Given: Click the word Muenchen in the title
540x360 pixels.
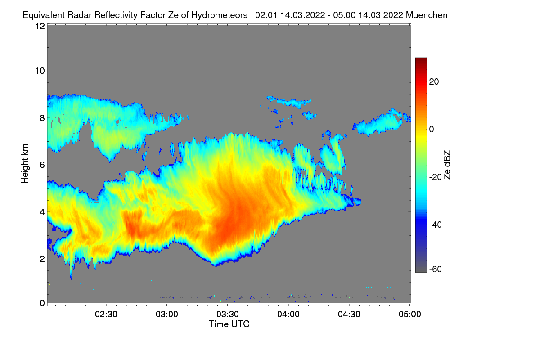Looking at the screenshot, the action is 427,15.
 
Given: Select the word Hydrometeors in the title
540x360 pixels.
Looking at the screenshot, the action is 219,15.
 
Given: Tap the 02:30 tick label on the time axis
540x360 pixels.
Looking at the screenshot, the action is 106,315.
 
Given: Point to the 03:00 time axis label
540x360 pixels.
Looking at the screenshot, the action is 167,315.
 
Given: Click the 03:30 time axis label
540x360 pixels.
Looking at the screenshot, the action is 228,315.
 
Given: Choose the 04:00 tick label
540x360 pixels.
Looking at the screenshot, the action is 288,315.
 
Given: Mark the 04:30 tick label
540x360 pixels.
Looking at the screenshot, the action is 349,315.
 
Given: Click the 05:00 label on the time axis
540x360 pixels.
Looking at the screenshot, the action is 410,315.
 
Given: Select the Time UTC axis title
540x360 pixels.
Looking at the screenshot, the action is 229,324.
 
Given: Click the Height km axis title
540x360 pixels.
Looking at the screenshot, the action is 25,164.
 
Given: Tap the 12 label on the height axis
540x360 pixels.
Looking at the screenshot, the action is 40,26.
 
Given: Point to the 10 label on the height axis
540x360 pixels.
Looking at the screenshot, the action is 40,71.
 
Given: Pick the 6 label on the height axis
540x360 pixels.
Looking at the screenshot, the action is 42,165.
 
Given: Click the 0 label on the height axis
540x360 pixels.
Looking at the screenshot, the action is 42,303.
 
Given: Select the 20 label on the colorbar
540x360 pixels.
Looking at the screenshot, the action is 434,82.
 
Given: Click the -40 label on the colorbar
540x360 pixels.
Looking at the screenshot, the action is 436,225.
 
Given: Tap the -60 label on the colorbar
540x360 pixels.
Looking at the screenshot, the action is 436,270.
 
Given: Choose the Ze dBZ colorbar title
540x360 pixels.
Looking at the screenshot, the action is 447,165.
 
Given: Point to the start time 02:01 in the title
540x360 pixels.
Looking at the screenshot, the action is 266,15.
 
